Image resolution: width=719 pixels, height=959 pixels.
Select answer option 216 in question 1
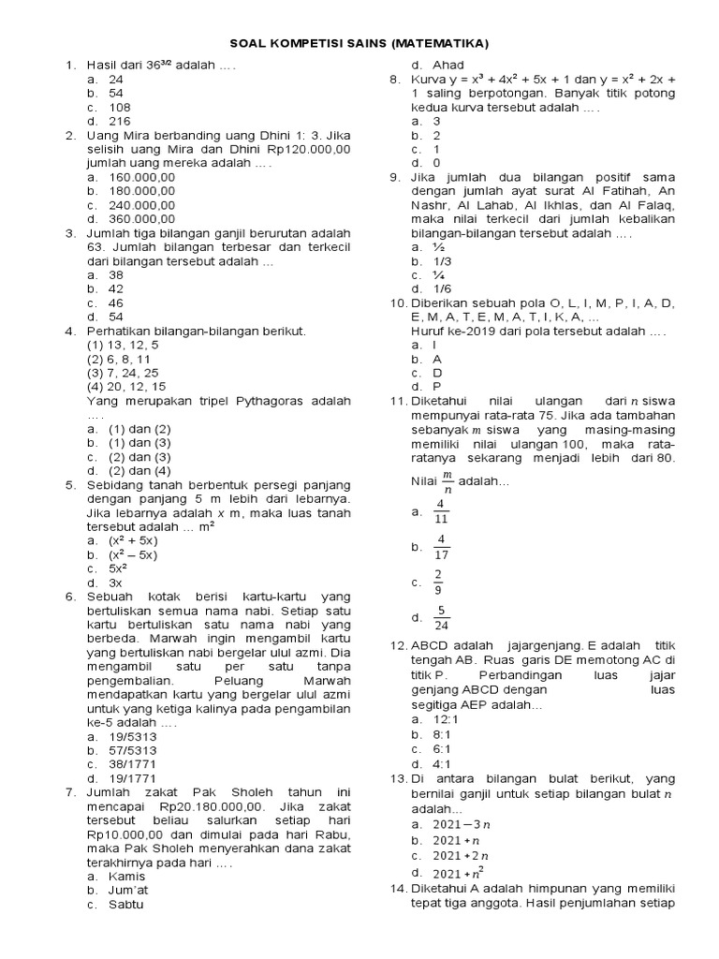point(120,121)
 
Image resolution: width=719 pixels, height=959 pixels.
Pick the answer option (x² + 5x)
point(135,540)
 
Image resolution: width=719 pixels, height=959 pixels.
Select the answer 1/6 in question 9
point(443,288)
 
